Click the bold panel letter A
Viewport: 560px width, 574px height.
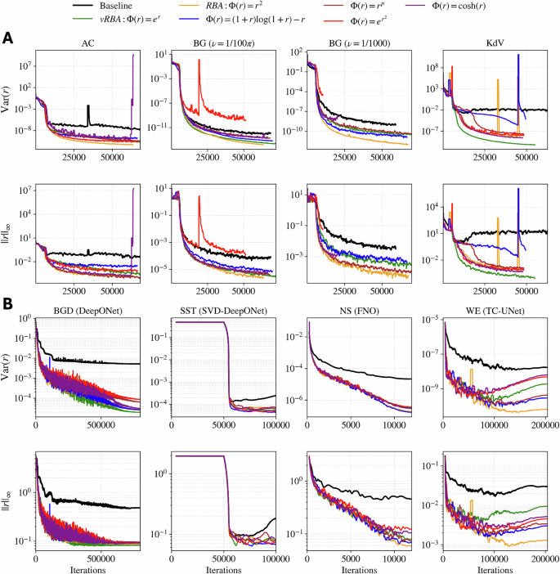8,38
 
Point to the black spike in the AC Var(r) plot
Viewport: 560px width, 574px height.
88,109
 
